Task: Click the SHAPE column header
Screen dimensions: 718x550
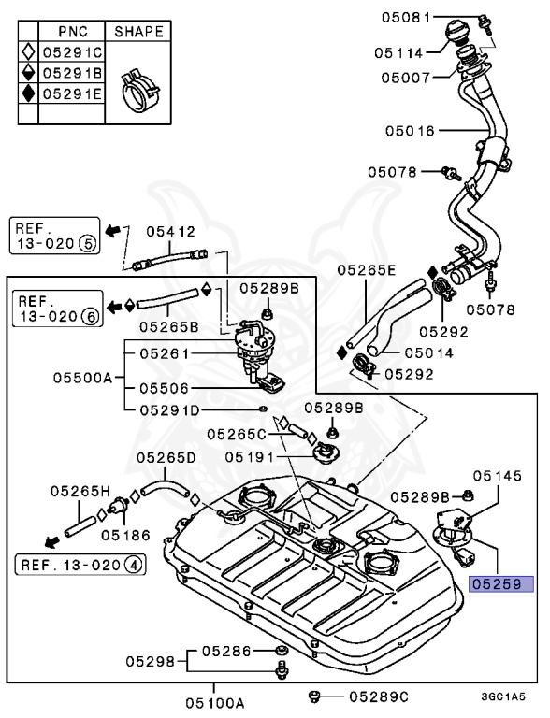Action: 138,32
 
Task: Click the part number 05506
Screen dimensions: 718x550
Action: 169,386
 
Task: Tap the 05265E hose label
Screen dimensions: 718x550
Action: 367,270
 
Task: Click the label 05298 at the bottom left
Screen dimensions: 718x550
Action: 152,661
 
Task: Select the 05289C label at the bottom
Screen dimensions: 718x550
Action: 379,696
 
